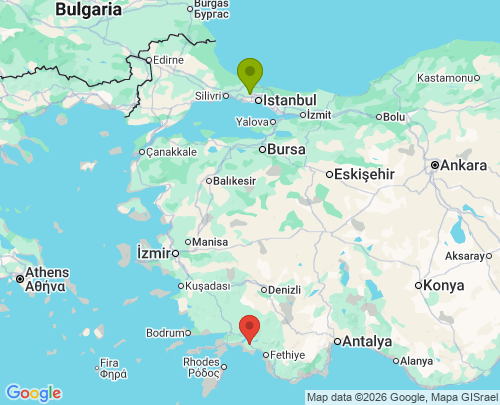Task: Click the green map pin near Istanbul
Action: pyautogui.click(x=249, y=74)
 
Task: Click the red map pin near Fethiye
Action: pyautogui.click(x=250, y=327)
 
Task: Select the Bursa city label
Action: pyautogui.click(x=286, y=149)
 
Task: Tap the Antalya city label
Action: pyautogui.click(x=366, y=341)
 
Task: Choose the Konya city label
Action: pyautogui.click(x=443, y=285)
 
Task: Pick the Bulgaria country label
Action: pyautogui.click(x=88, y=9)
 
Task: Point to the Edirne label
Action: pyautogui.click(x=167, y=60)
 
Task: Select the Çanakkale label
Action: pyautogui.click(x=171, y=152)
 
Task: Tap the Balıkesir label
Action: pyautogui.click(x=235, y=181)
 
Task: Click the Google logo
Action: pyautogui.click(x=33, y=393)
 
